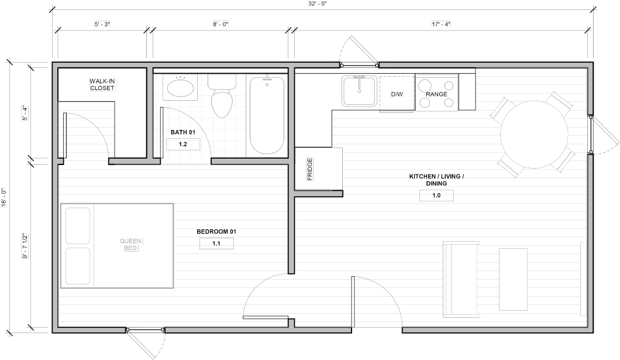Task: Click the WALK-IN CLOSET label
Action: [x=102, y=85]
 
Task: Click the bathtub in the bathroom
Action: [x=267, y=115]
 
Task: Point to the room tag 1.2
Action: [x=182, y=145]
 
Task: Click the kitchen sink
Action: [x=360, y=91]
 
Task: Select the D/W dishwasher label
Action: [x=397, y=94]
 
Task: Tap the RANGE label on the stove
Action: [x=436, y=94]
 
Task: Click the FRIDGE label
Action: [x=309, y=169]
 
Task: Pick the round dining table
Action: [x=534, y=135]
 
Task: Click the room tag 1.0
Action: [x=436, y=196]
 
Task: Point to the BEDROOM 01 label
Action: [x=216, y=231]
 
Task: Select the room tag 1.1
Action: [x=216, y=244]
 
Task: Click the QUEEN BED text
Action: [x=130, y=245]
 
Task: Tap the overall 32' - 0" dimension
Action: [x=317, y=4]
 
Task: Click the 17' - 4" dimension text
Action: [x=441, y=24]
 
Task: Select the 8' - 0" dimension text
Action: [x=221, y=24]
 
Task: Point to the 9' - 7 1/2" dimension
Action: [x=25, y=246]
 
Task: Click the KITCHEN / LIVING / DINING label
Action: [x=436, y=180]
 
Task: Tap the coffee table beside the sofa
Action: [x=513, y=279]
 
